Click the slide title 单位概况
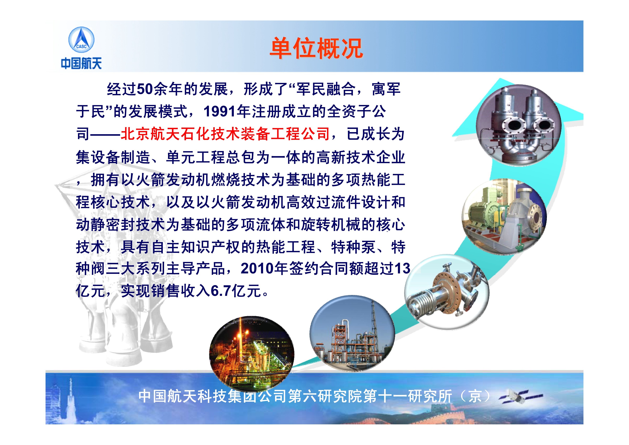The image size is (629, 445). click(316, 48)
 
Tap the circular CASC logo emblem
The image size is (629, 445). click(81, 40)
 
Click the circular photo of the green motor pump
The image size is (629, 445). click(504, 217)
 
